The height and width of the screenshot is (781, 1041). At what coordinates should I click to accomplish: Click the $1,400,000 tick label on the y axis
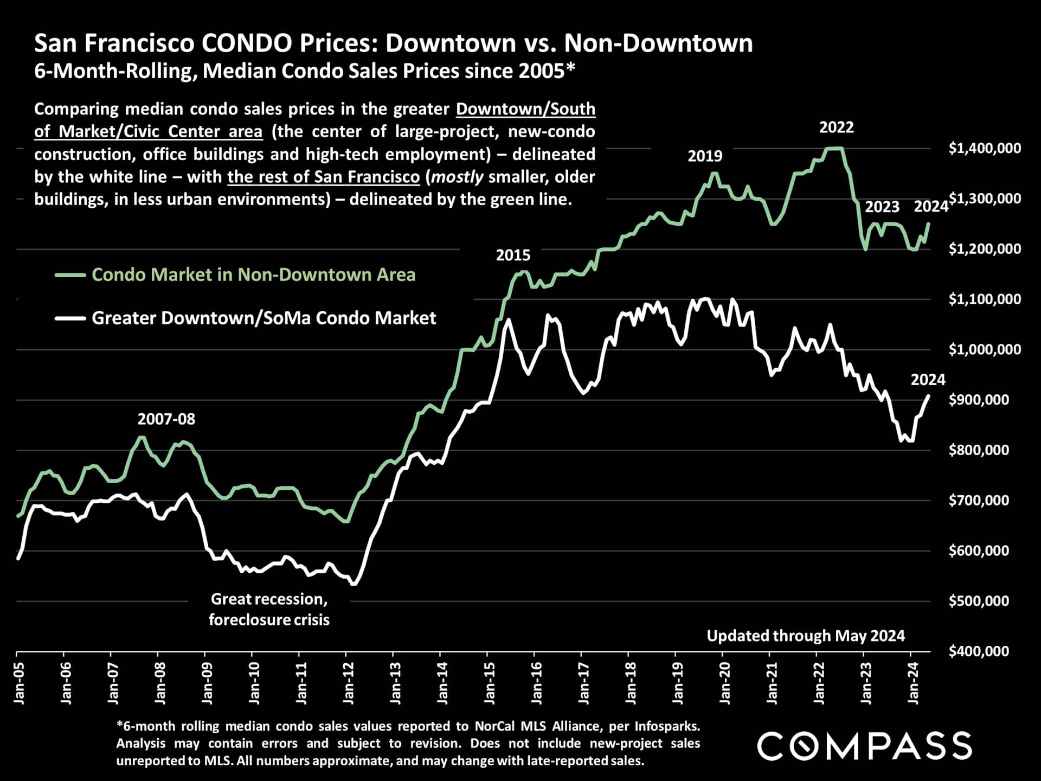(x=985, y=148)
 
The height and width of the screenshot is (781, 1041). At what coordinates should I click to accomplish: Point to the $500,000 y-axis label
(x=979, y=601)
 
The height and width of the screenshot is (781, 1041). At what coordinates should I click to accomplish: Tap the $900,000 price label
(x=979, y=400)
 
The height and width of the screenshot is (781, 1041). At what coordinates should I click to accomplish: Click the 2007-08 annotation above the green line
(x=166, y=419)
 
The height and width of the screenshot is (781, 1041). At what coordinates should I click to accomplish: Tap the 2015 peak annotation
(x=513, y=255)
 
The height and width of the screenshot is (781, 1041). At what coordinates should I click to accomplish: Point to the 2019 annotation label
(x=705, y=156)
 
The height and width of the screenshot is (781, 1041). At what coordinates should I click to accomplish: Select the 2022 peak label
(x=836, y=127)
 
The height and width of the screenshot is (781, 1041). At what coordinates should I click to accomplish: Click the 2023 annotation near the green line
(x=882, y=207)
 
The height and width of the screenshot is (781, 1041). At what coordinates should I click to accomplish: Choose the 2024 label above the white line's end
(x=928, y=380)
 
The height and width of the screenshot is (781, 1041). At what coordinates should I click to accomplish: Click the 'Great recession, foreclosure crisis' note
(x=269, y=609)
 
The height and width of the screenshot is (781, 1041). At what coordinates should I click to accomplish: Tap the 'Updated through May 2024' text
(x=806, y=636)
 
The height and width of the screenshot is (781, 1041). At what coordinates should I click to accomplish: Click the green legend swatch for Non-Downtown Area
(x=70, y=276)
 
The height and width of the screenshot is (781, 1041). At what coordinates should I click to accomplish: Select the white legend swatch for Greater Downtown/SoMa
(x=70, y=318)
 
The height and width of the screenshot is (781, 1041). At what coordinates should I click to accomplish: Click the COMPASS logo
(x=864, y=746)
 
